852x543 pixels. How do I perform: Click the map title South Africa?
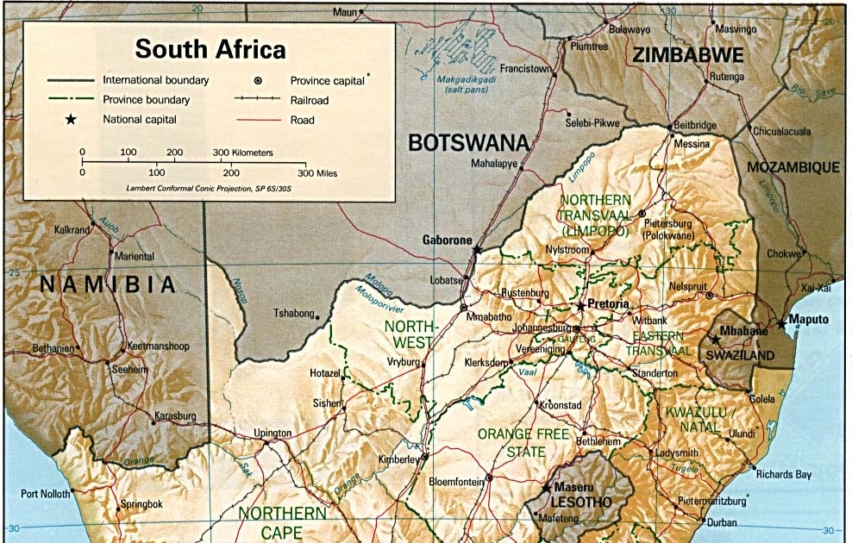click(210, 48)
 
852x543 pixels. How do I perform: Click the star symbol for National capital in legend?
click(71, 120)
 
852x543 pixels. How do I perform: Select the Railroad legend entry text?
click(310, 100)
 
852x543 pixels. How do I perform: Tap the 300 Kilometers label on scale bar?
click(242, 153)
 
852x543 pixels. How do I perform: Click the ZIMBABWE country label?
click(687, 55)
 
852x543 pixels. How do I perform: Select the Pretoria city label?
click(609, 305)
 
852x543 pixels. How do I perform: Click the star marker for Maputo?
click(781, 324)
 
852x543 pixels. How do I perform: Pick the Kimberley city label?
click(398, 460)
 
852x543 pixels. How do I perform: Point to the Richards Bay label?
click(783, 474)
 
